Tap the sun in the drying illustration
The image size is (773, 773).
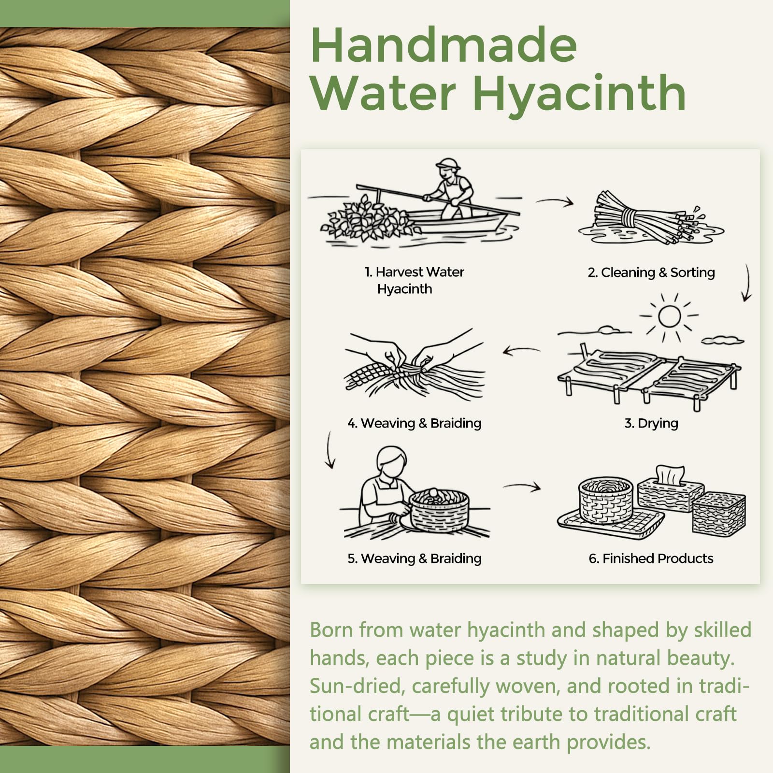669,316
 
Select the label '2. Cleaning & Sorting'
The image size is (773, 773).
651,272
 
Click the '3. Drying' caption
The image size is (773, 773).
651,423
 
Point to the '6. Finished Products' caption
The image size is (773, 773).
651,558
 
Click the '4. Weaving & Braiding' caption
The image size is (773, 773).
415,423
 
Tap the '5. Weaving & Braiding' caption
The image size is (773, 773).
415,558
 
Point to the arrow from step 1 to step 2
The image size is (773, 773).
555,201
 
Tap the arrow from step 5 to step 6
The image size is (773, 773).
522,487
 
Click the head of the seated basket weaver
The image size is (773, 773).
391,461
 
